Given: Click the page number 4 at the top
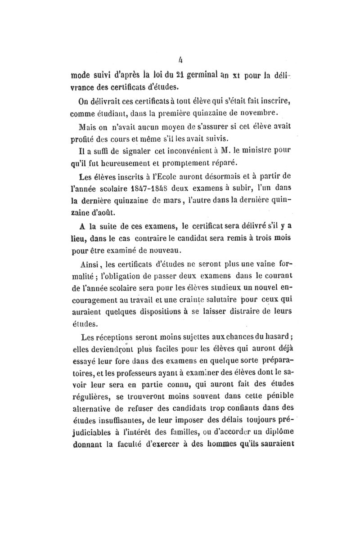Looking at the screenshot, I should pos(180,58).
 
